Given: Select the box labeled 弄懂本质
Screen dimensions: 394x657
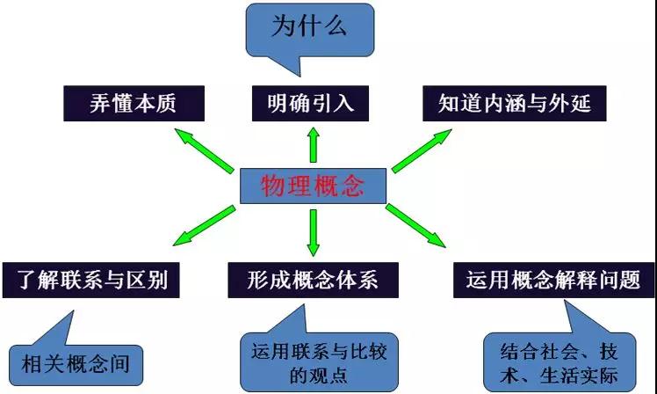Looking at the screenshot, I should click(134, 103).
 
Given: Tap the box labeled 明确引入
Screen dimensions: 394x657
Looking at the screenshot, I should click(310, 103).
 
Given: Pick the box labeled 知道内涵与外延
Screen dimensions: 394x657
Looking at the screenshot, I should click(514, 103).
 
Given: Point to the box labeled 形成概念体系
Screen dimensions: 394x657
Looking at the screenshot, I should click(314, 281).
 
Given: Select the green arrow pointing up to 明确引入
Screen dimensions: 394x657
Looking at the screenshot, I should click(312, 144).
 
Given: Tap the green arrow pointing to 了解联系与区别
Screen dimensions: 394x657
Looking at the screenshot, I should click(205, 223).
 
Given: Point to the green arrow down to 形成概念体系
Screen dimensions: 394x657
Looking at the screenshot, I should click(313, 231).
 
